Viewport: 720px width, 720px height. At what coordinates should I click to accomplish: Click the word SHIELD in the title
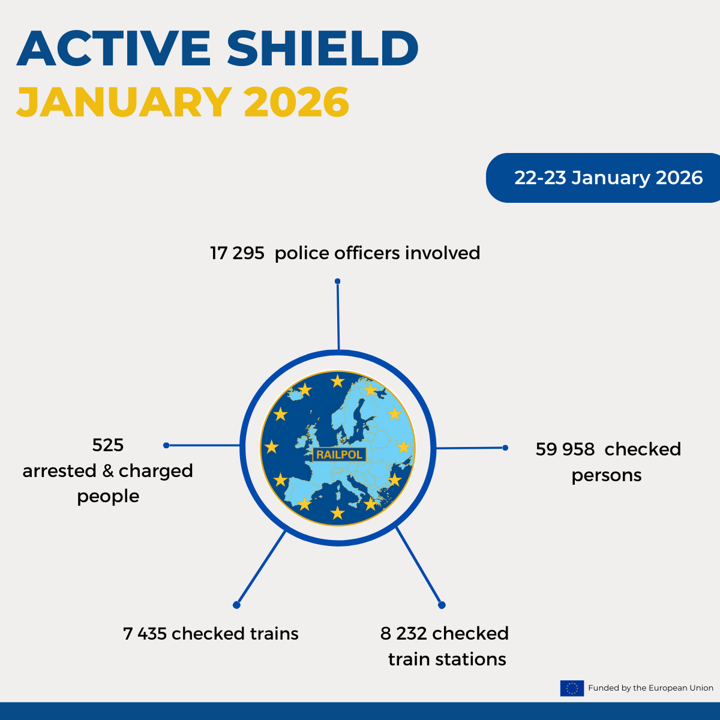[x=322, y=49]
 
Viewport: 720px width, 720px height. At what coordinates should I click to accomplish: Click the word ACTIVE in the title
[x=113, y=49]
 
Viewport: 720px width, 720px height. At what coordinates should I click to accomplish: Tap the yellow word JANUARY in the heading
[x=124, y=101]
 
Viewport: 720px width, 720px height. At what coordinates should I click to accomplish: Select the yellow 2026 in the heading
[x=296, y=101]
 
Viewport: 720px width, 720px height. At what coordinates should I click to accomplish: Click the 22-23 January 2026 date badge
[x=602, y=178]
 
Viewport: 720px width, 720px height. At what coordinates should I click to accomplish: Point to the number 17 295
[x=237, y=253]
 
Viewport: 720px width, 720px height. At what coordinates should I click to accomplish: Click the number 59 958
[x=565, y=449]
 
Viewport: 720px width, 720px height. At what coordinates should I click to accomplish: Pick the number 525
[x=108, y=445]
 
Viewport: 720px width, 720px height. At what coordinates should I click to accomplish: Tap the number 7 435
[x=145, y=634]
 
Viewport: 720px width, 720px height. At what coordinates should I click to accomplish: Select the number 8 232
[x=404, y=634]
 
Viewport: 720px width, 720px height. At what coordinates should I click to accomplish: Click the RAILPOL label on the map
[x=339, y=454]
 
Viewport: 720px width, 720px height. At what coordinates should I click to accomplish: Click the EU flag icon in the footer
[x=572, y=688]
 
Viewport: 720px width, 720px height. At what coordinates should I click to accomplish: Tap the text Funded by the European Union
[x=650, y=688]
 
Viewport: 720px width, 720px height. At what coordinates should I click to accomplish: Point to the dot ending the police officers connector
[x=337, y=281]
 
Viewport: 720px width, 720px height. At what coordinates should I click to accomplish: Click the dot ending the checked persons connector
[x=505, y=448]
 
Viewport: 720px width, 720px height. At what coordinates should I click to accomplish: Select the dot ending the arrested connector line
[x=166, y=445]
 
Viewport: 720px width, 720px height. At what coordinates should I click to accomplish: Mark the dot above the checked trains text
[x=236, y=605]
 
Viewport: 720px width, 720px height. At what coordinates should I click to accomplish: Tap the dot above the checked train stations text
[x=442, y=605]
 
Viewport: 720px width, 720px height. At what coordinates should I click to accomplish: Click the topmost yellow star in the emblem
[x=337, y=381]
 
